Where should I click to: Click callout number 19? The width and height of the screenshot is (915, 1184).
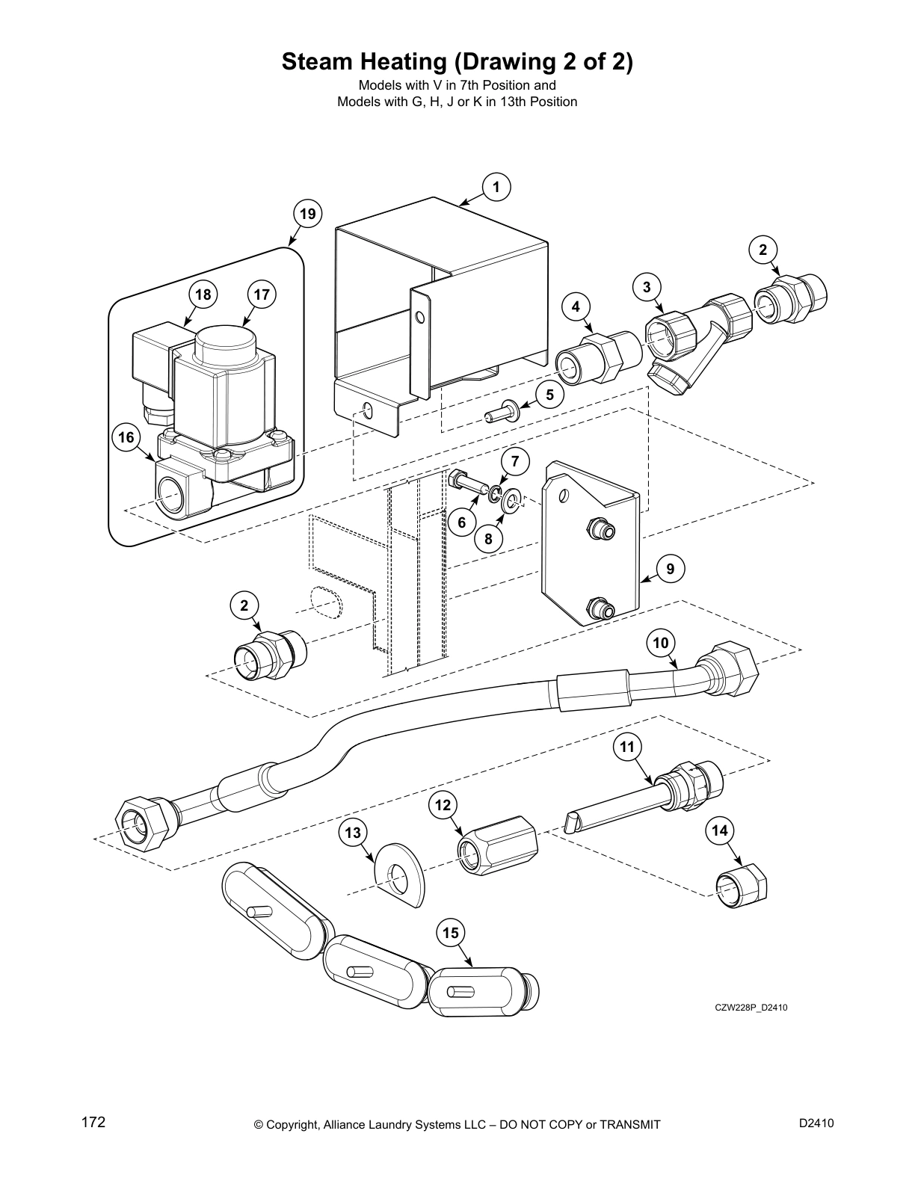307,215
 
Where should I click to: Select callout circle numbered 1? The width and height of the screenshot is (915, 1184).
496,187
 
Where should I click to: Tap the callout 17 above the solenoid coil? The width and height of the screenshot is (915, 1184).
261,295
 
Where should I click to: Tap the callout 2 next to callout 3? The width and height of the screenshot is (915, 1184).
762,250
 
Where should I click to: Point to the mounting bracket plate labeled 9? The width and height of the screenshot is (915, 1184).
591,546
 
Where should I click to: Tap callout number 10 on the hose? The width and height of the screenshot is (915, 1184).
660,643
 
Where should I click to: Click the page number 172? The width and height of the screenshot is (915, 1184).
93,1122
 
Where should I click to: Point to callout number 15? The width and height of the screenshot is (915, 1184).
451,933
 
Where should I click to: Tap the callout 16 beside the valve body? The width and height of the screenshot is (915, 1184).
126,437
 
